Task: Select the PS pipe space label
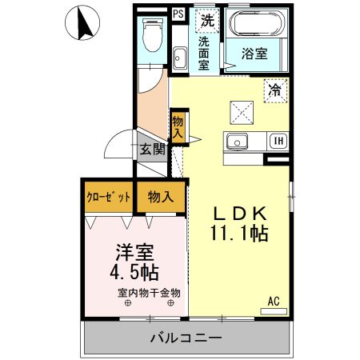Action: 178,14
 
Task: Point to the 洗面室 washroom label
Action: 206,54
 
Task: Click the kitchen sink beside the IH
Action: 238,143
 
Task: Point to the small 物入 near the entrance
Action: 178,128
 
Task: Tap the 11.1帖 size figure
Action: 238,234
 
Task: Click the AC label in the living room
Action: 273,301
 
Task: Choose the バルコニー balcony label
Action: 185,338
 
